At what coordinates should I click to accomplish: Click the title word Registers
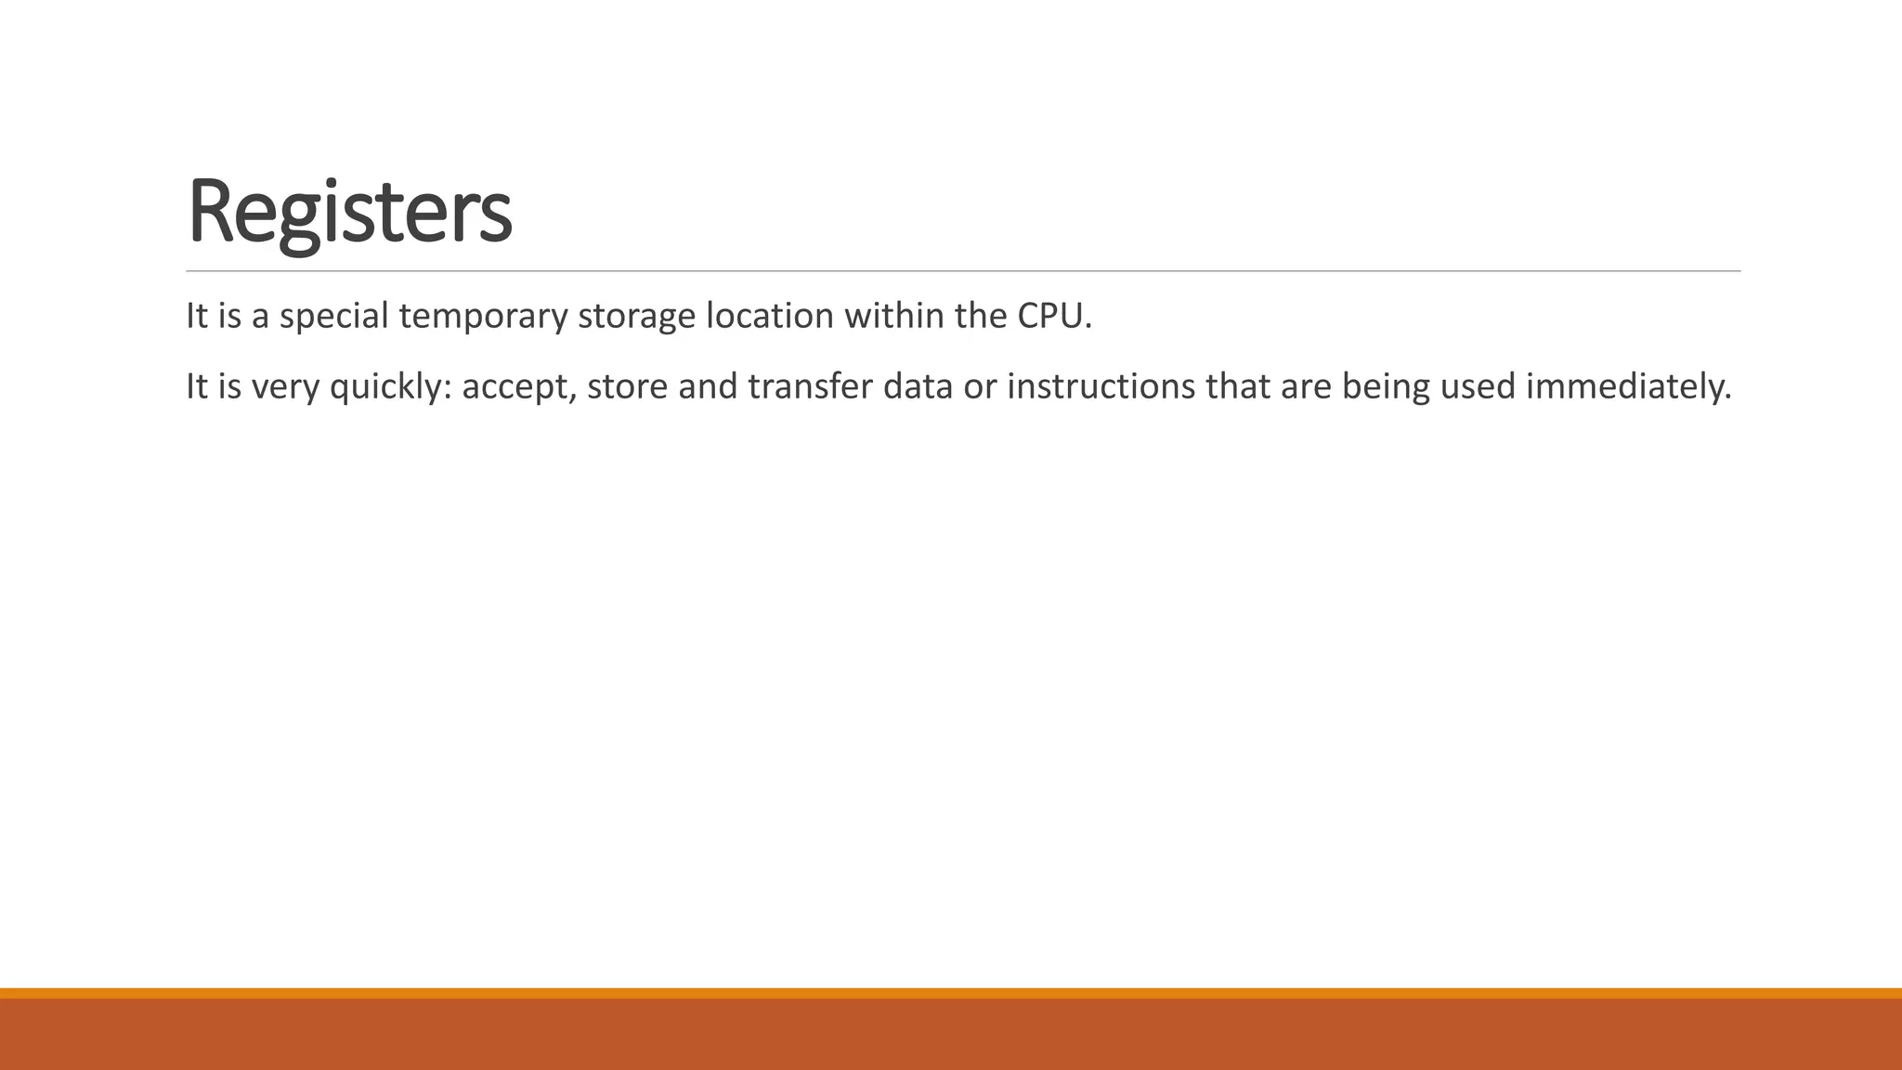click(349, 212)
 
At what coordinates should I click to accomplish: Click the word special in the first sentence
click(333, 317)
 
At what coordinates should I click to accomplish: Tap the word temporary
click(483, 317)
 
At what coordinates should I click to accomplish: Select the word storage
click(636, 317)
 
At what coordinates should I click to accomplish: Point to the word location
click(770, 317)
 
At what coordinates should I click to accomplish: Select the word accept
click(519, 386)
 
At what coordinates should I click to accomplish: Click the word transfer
click(811, 386)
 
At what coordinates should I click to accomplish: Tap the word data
click(918, 386)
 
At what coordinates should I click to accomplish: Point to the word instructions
click(1101, 386)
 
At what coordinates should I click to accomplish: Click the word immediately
click(1628, 386)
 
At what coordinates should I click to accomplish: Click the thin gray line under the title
click(963, 271)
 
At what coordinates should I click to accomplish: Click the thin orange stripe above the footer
click(951, 993)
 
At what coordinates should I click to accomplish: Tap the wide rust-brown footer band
click(951, 1035)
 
